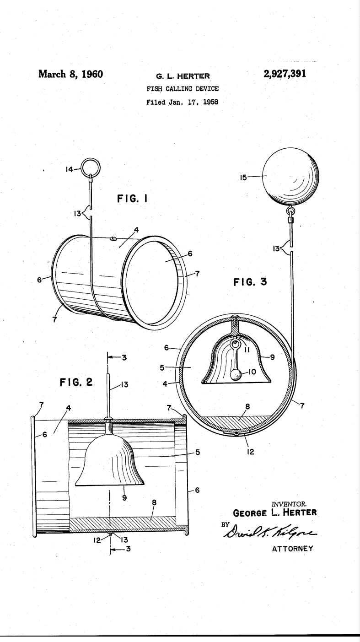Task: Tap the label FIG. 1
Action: coord(133,199)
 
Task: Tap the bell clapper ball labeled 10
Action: coord(236,375)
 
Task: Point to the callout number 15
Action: coord(244,177)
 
